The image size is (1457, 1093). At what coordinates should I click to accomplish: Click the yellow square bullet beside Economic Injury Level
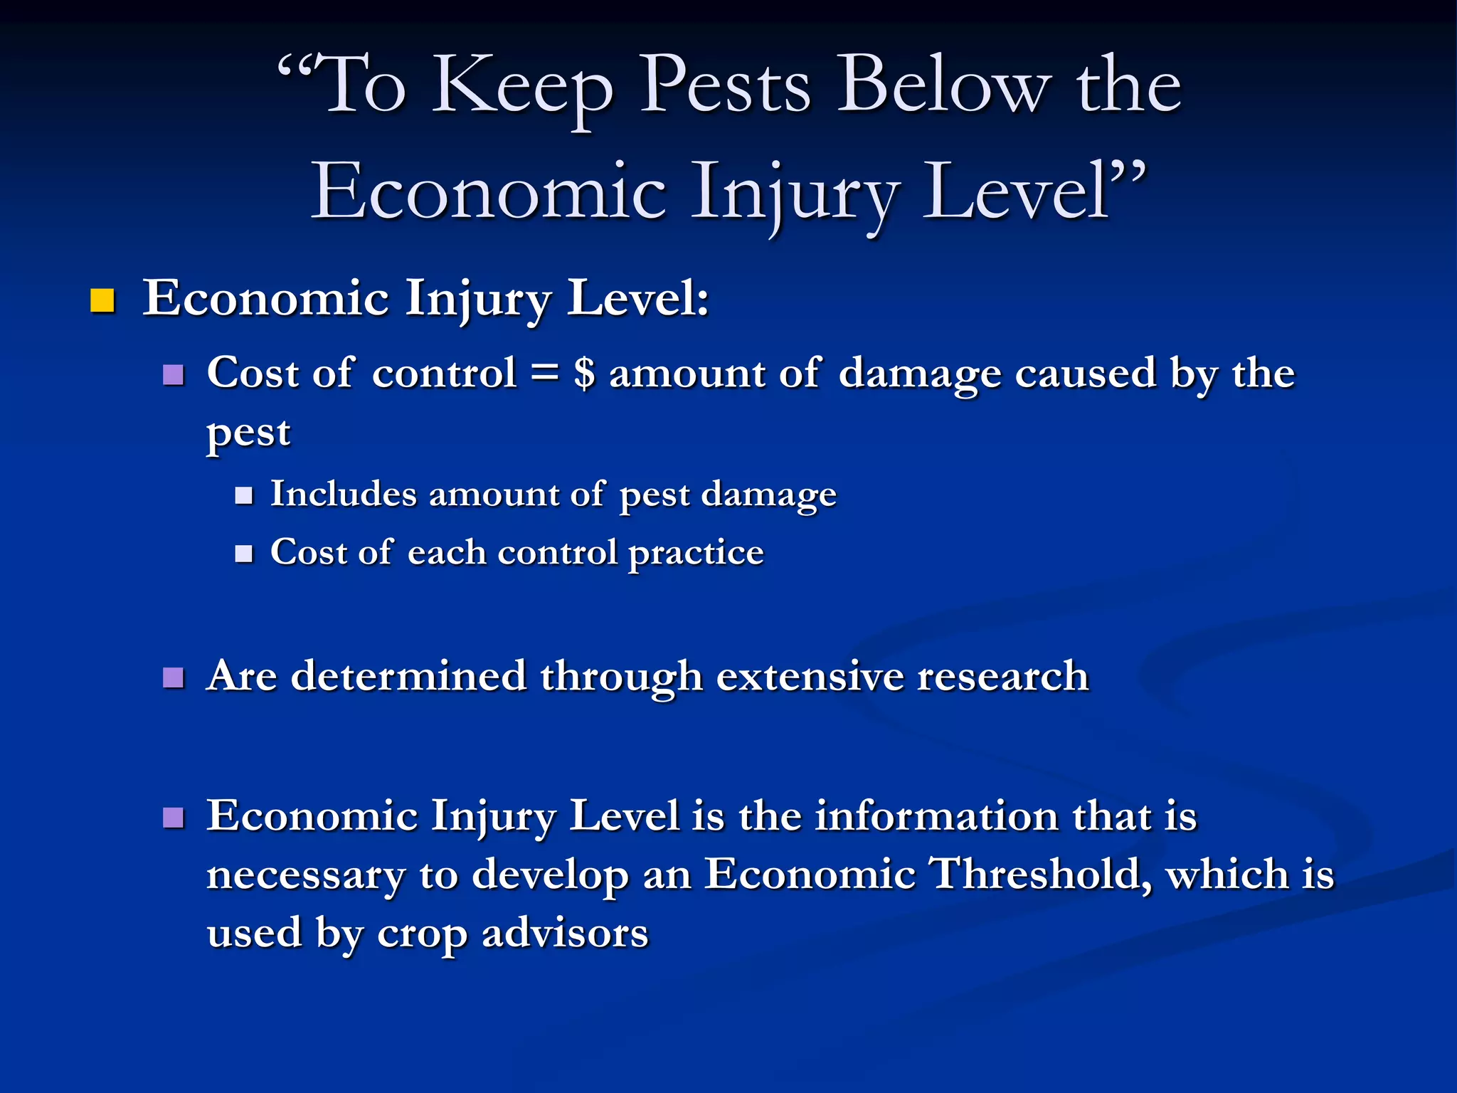[x=102, y=301]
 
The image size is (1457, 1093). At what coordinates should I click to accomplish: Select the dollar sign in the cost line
[x=584, y=373]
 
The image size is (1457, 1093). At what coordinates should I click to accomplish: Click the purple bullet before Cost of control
[x=173, y=374]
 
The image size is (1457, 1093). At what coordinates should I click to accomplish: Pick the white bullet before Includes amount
[x=244, y=495]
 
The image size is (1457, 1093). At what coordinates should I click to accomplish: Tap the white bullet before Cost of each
[x=244, y=554]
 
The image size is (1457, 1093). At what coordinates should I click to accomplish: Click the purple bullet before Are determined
[x=173, y=677]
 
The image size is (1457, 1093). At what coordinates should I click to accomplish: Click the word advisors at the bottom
[x=565, y=934]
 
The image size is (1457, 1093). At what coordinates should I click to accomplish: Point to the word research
[x=1002, y=676]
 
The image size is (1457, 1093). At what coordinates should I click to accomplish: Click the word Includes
[x=343, y=494]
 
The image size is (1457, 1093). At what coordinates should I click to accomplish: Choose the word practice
[x=696, y=554]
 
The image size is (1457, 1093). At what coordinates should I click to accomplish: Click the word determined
[x=408, y=676]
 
